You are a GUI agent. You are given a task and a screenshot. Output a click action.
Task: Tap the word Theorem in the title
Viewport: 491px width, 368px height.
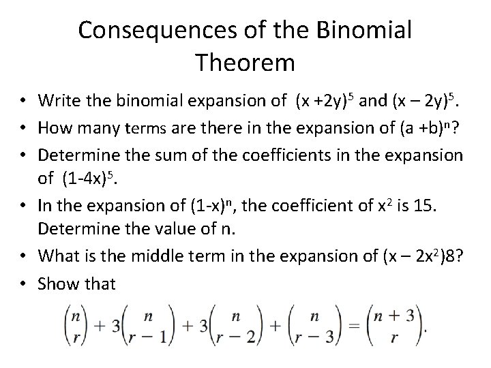pos(245,63)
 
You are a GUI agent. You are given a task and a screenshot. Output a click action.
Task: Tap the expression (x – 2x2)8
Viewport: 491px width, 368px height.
pos(413,256)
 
